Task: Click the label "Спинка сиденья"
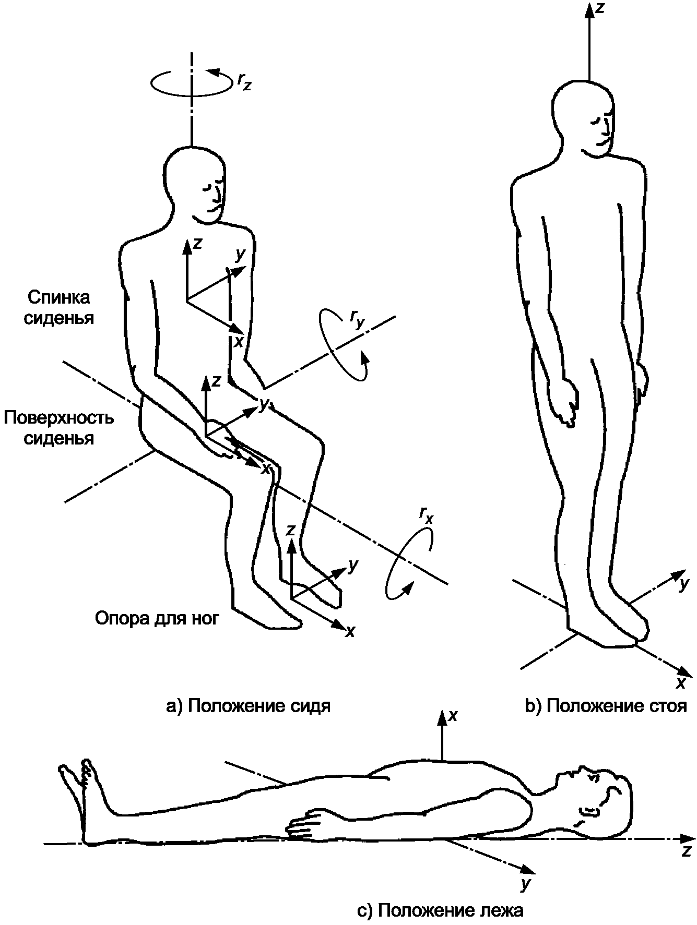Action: point(59,308)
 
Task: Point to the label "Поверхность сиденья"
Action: point(58,428)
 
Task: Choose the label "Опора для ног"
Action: point(157,618)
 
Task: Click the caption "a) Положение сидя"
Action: point(248,706)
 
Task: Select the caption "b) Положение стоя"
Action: point(606,706)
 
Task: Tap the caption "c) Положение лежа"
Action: point(440,910)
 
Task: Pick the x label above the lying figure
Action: point(453,716)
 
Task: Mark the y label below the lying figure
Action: point(525,883)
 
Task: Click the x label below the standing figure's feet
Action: point(680,683)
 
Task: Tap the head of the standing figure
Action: point(584,117)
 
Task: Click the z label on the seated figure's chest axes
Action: point(197,243)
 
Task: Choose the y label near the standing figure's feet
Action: point(683,584)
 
